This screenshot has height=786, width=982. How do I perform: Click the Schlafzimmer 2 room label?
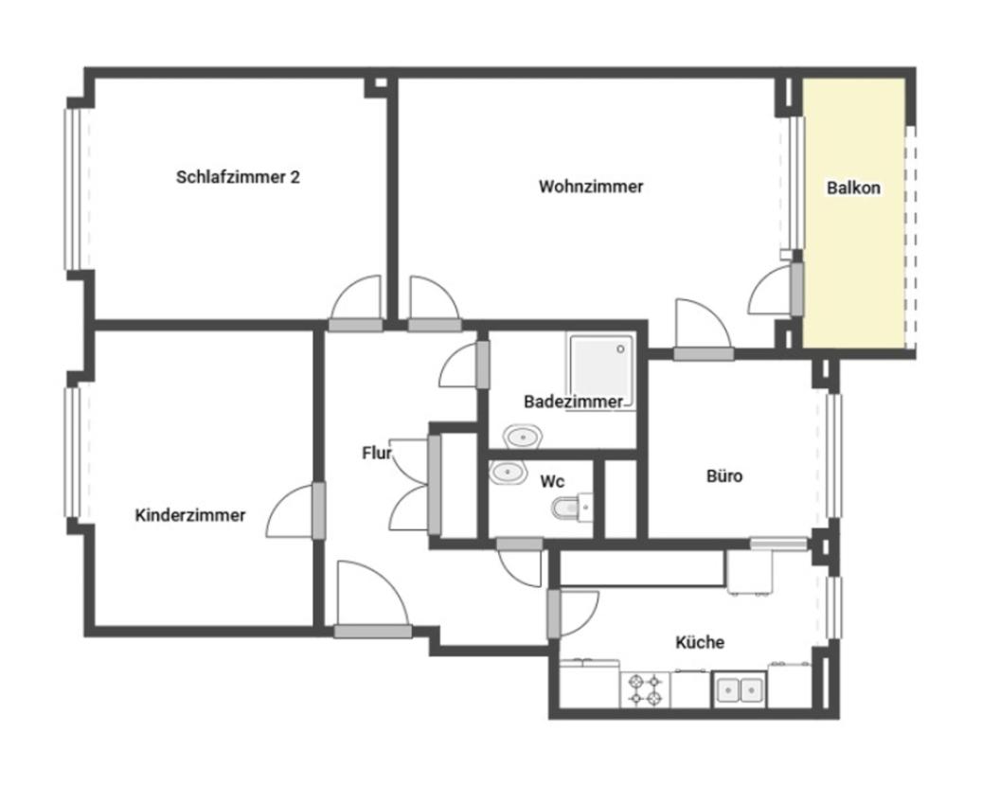click(x=238, y=177)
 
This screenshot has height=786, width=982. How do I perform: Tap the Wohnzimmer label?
click(x=591, y=187)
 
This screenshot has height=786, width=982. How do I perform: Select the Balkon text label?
click(x=853, y=188)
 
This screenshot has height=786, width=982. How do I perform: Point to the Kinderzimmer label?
click(x=189, y=515)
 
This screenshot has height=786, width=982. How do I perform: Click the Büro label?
click(x=724, y=476)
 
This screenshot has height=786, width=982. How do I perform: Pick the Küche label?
click(x=700, y=642)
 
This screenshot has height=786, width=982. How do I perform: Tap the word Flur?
click(x=376, y=453)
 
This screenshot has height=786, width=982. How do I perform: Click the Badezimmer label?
click(x=573, y=402)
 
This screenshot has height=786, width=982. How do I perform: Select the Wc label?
click(x=552, y=482)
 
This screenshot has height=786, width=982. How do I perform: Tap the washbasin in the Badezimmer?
click(x=523, y=437)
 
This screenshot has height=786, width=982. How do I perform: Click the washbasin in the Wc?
click(x=508, y=471)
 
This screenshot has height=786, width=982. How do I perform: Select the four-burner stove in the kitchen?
click(x=645, y=688)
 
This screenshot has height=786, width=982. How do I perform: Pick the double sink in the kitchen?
click(x=739, y=690)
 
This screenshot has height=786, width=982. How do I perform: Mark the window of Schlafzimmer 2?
click(x=74, y=189)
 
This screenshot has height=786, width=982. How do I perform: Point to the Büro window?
click(x=833, y=456)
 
